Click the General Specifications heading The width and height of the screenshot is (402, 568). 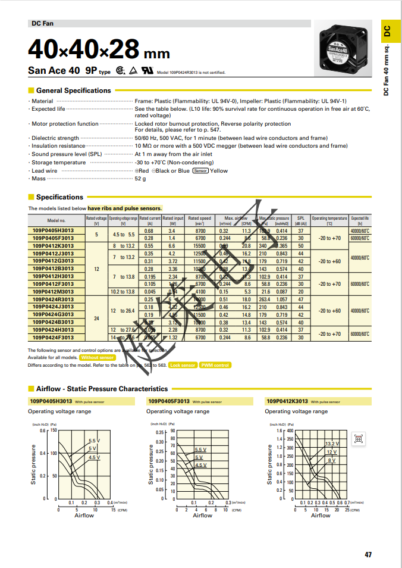(73, 90)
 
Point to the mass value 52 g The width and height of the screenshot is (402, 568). (140, 179)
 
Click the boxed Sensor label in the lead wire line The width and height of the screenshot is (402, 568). (200, 171)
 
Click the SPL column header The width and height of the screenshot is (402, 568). (301, 220)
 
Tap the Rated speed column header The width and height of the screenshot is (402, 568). (199, 219)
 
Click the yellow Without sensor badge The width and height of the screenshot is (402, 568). (98, 357)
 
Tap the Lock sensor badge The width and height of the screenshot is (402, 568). (183, 365)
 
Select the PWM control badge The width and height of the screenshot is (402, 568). (215, 365)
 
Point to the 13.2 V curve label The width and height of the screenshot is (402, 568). (331, 444)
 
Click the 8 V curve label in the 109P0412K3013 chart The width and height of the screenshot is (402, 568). (331, 460)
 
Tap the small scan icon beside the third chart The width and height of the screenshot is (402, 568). (358, 439)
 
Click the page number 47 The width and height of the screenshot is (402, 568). (368, 555)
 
